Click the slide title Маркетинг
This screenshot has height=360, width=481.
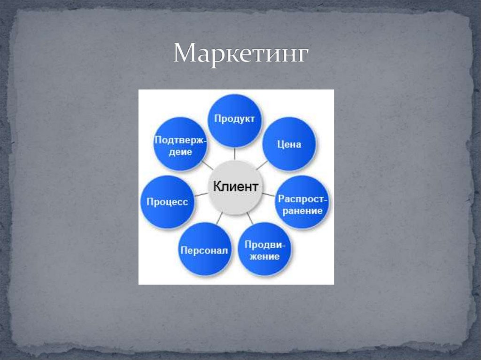(240, 54)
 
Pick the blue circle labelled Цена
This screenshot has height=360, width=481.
(288, 144)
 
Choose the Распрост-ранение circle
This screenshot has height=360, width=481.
(303, 203)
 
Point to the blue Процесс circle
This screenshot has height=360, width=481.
(168, 202)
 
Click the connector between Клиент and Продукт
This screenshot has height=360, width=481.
(235, 153)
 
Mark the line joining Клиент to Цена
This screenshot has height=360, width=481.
(262, 165)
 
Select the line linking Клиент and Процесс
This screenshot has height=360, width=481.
(201, 195)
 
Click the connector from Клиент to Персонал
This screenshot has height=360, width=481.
(219, 217)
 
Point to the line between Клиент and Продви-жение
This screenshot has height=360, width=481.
(250, 218)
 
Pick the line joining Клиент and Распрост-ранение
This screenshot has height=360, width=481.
(269, 194)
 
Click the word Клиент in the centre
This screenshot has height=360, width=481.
(235, 186)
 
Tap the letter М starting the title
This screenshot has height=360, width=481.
(184, 54)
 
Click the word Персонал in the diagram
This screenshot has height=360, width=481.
(205, 250)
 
